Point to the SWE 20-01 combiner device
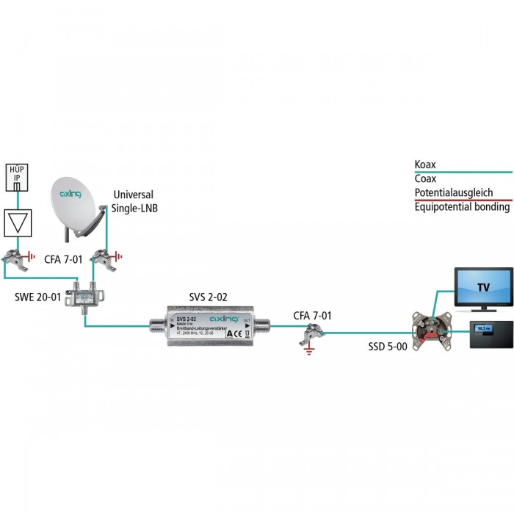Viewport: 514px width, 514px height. coord(85,298)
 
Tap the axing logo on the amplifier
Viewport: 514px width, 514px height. coord(224,319)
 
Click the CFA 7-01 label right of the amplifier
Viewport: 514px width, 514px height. coord(313,316)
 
